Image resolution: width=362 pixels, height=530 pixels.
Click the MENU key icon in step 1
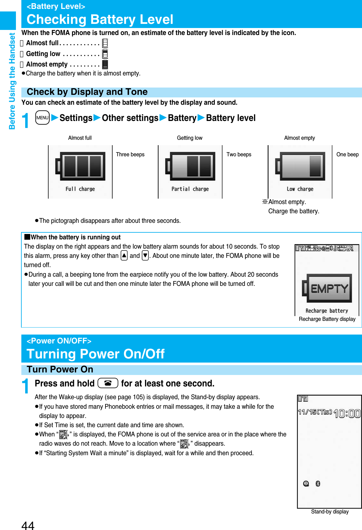(x=42, y=117)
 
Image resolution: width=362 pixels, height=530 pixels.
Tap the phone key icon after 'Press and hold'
(x=108, y=383)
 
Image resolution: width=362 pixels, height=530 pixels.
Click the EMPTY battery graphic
(x=327, y=288)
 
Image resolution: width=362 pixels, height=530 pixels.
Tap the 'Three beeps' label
(x=130, y=154)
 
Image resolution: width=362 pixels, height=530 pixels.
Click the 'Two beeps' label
(x=239, y=154)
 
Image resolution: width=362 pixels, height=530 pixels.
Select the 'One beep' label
(x=347, y=154)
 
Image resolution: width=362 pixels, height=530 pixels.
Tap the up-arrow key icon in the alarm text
(x=124, y=255)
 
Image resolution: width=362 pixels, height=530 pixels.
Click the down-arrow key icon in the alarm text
(x=145, y=255)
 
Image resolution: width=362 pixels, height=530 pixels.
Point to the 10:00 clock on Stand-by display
(x=347, y=413)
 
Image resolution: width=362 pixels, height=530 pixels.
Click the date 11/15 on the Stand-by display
(x=315, y=412)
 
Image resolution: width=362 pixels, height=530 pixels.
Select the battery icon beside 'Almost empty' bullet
(x=105, y=64)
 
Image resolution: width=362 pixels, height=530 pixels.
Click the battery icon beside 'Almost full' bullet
(x=105, y=43)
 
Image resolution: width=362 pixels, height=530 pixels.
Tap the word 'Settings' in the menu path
(x=76, y=118)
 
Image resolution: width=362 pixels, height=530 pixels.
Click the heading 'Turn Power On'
(x=60, y=369)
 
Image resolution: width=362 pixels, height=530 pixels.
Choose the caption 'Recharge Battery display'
(x=327, y=319)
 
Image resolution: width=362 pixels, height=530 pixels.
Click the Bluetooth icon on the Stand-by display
(x=318, y=484)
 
